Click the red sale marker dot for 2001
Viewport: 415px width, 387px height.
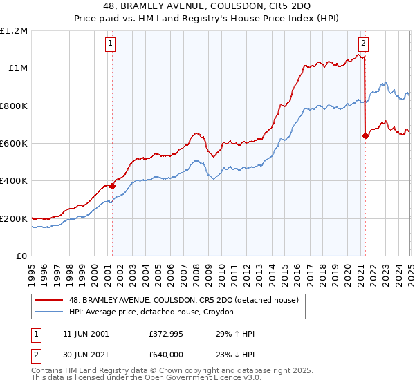click(x=112, y=186)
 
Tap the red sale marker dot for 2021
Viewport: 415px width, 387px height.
click(x=365, y=135)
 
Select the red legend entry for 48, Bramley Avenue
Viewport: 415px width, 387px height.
click(x=183, y=300)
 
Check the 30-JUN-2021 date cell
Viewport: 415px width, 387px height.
click(x=86, y=352)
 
